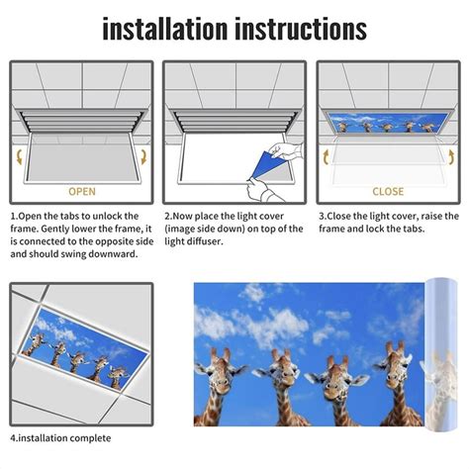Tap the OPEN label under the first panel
[x=81, y=191]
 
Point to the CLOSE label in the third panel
[x=388, y=191]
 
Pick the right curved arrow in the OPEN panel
[x=144, y=155]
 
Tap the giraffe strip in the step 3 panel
[x=387, y=126]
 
